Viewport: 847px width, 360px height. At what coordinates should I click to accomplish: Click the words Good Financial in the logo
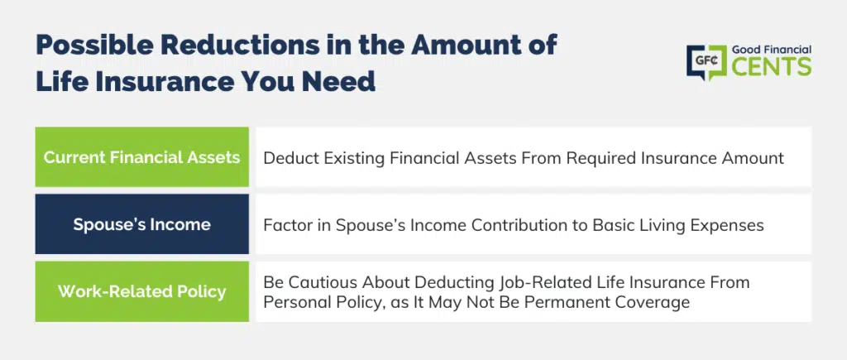click(772, 50)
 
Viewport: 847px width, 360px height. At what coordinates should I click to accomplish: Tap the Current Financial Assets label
click(141, 157)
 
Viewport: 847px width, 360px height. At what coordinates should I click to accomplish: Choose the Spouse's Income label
click(141, 224)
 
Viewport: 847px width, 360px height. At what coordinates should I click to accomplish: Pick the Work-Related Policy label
click(141, 291)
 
